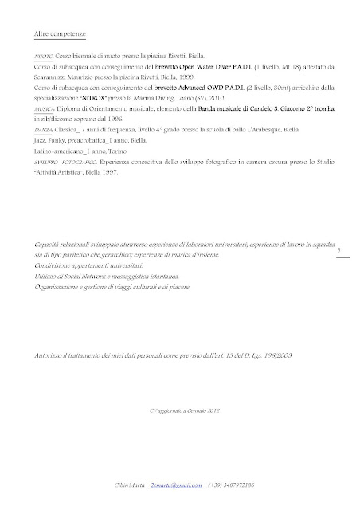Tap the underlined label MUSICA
(x=45, y=103)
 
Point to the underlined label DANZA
(x=45, y=127)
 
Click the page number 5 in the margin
(x=340, y=250)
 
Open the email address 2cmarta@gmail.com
(x=184, y=484)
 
